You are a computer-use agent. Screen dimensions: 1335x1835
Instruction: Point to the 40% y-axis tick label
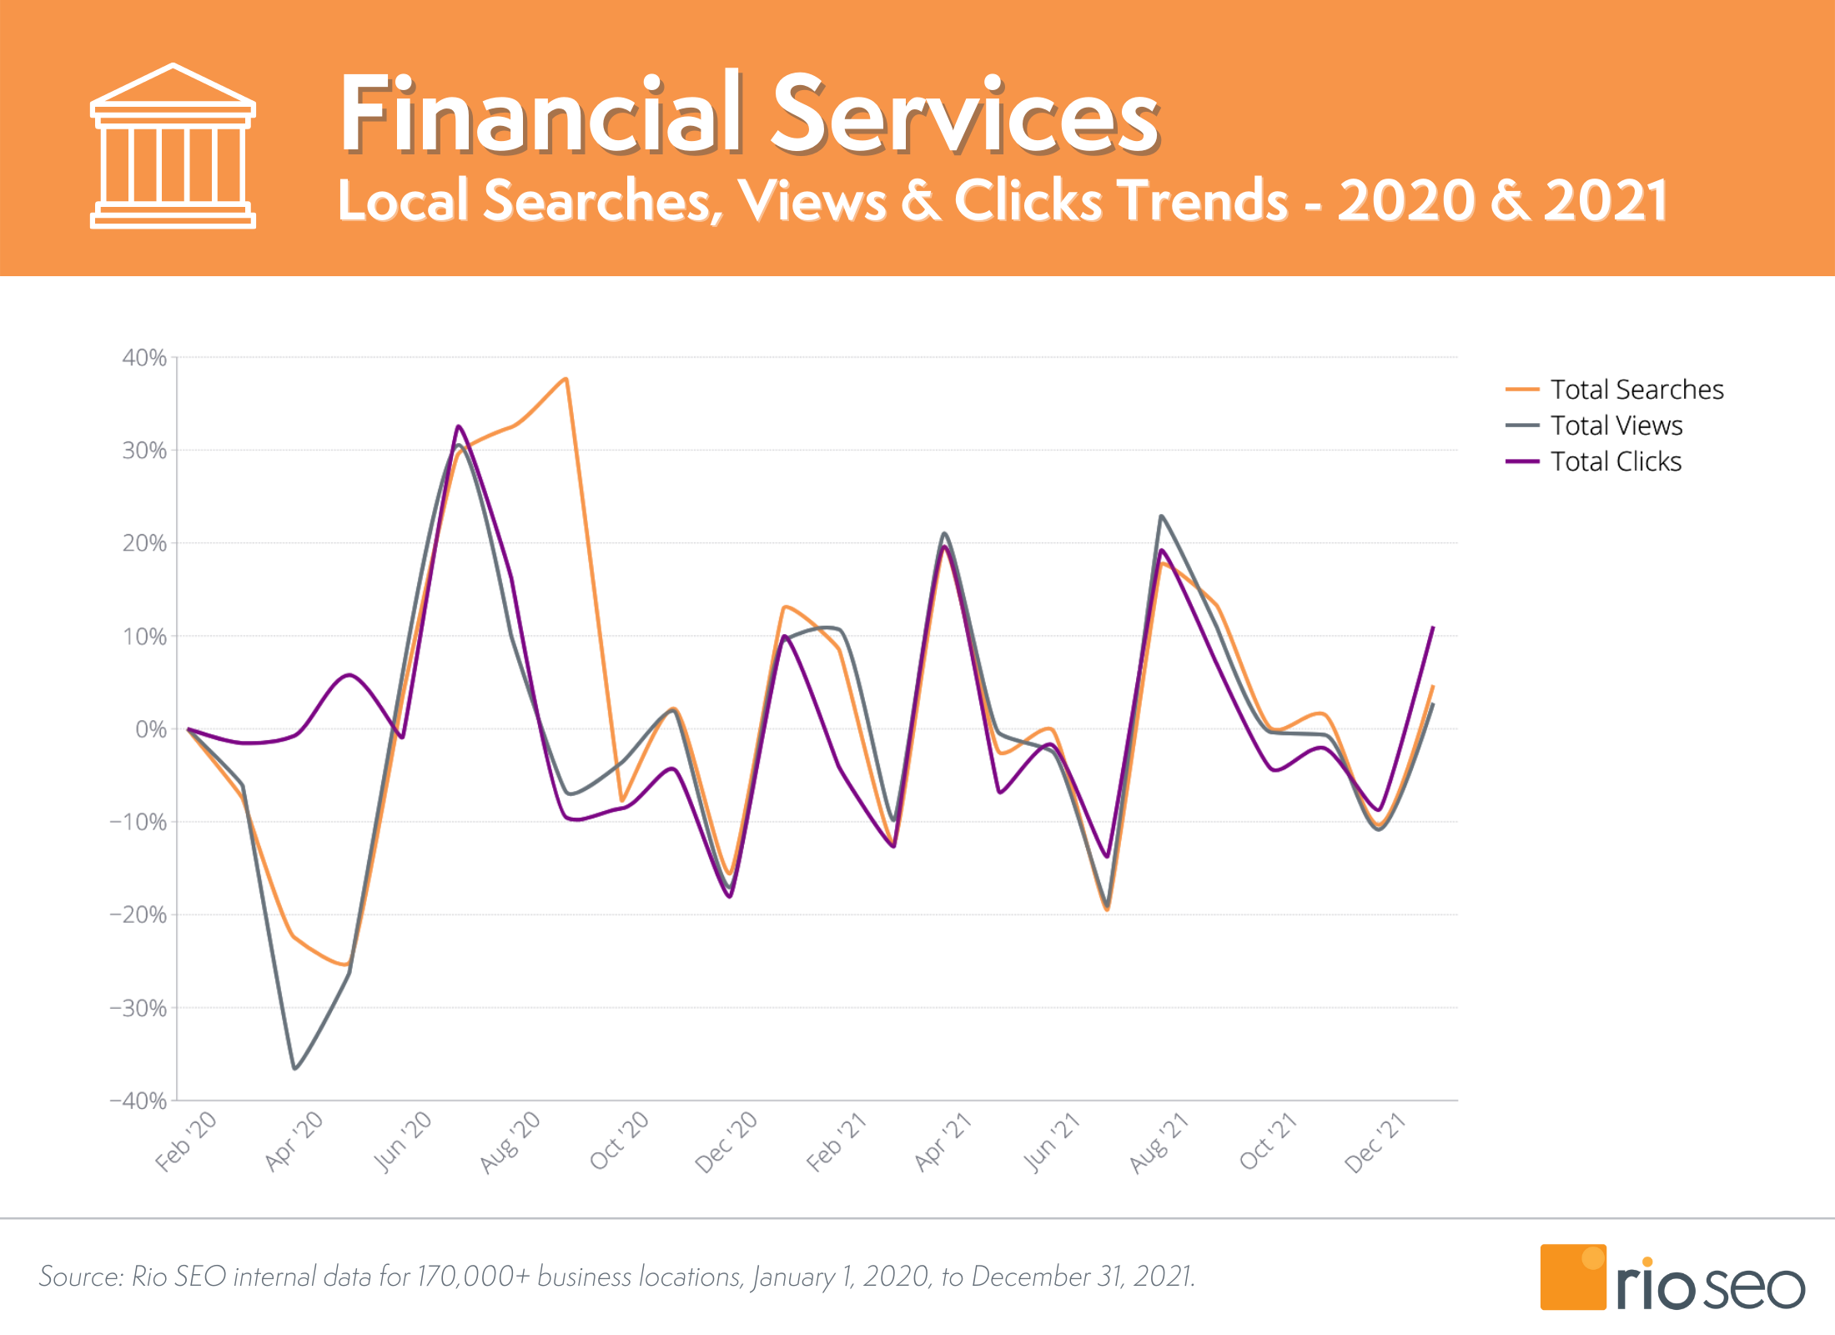144,358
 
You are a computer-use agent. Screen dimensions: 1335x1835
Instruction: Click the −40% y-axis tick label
138,1101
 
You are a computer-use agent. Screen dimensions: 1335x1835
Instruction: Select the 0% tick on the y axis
151,730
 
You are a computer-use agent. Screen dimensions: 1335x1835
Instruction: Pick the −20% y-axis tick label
138,915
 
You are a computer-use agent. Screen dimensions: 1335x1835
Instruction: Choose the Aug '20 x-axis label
510,1142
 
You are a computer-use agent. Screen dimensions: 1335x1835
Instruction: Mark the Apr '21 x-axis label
943,1142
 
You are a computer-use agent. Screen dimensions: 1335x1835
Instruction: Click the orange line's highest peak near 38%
566,379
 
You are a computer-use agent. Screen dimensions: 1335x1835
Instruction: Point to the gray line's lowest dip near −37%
294,1068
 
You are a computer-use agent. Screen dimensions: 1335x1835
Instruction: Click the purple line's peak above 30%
458,426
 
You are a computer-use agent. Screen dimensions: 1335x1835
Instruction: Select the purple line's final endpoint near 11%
1433,627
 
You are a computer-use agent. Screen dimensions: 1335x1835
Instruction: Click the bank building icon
173,146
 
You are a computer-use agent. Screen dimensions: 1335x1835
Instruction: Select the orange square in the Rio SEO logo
1572,1277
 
